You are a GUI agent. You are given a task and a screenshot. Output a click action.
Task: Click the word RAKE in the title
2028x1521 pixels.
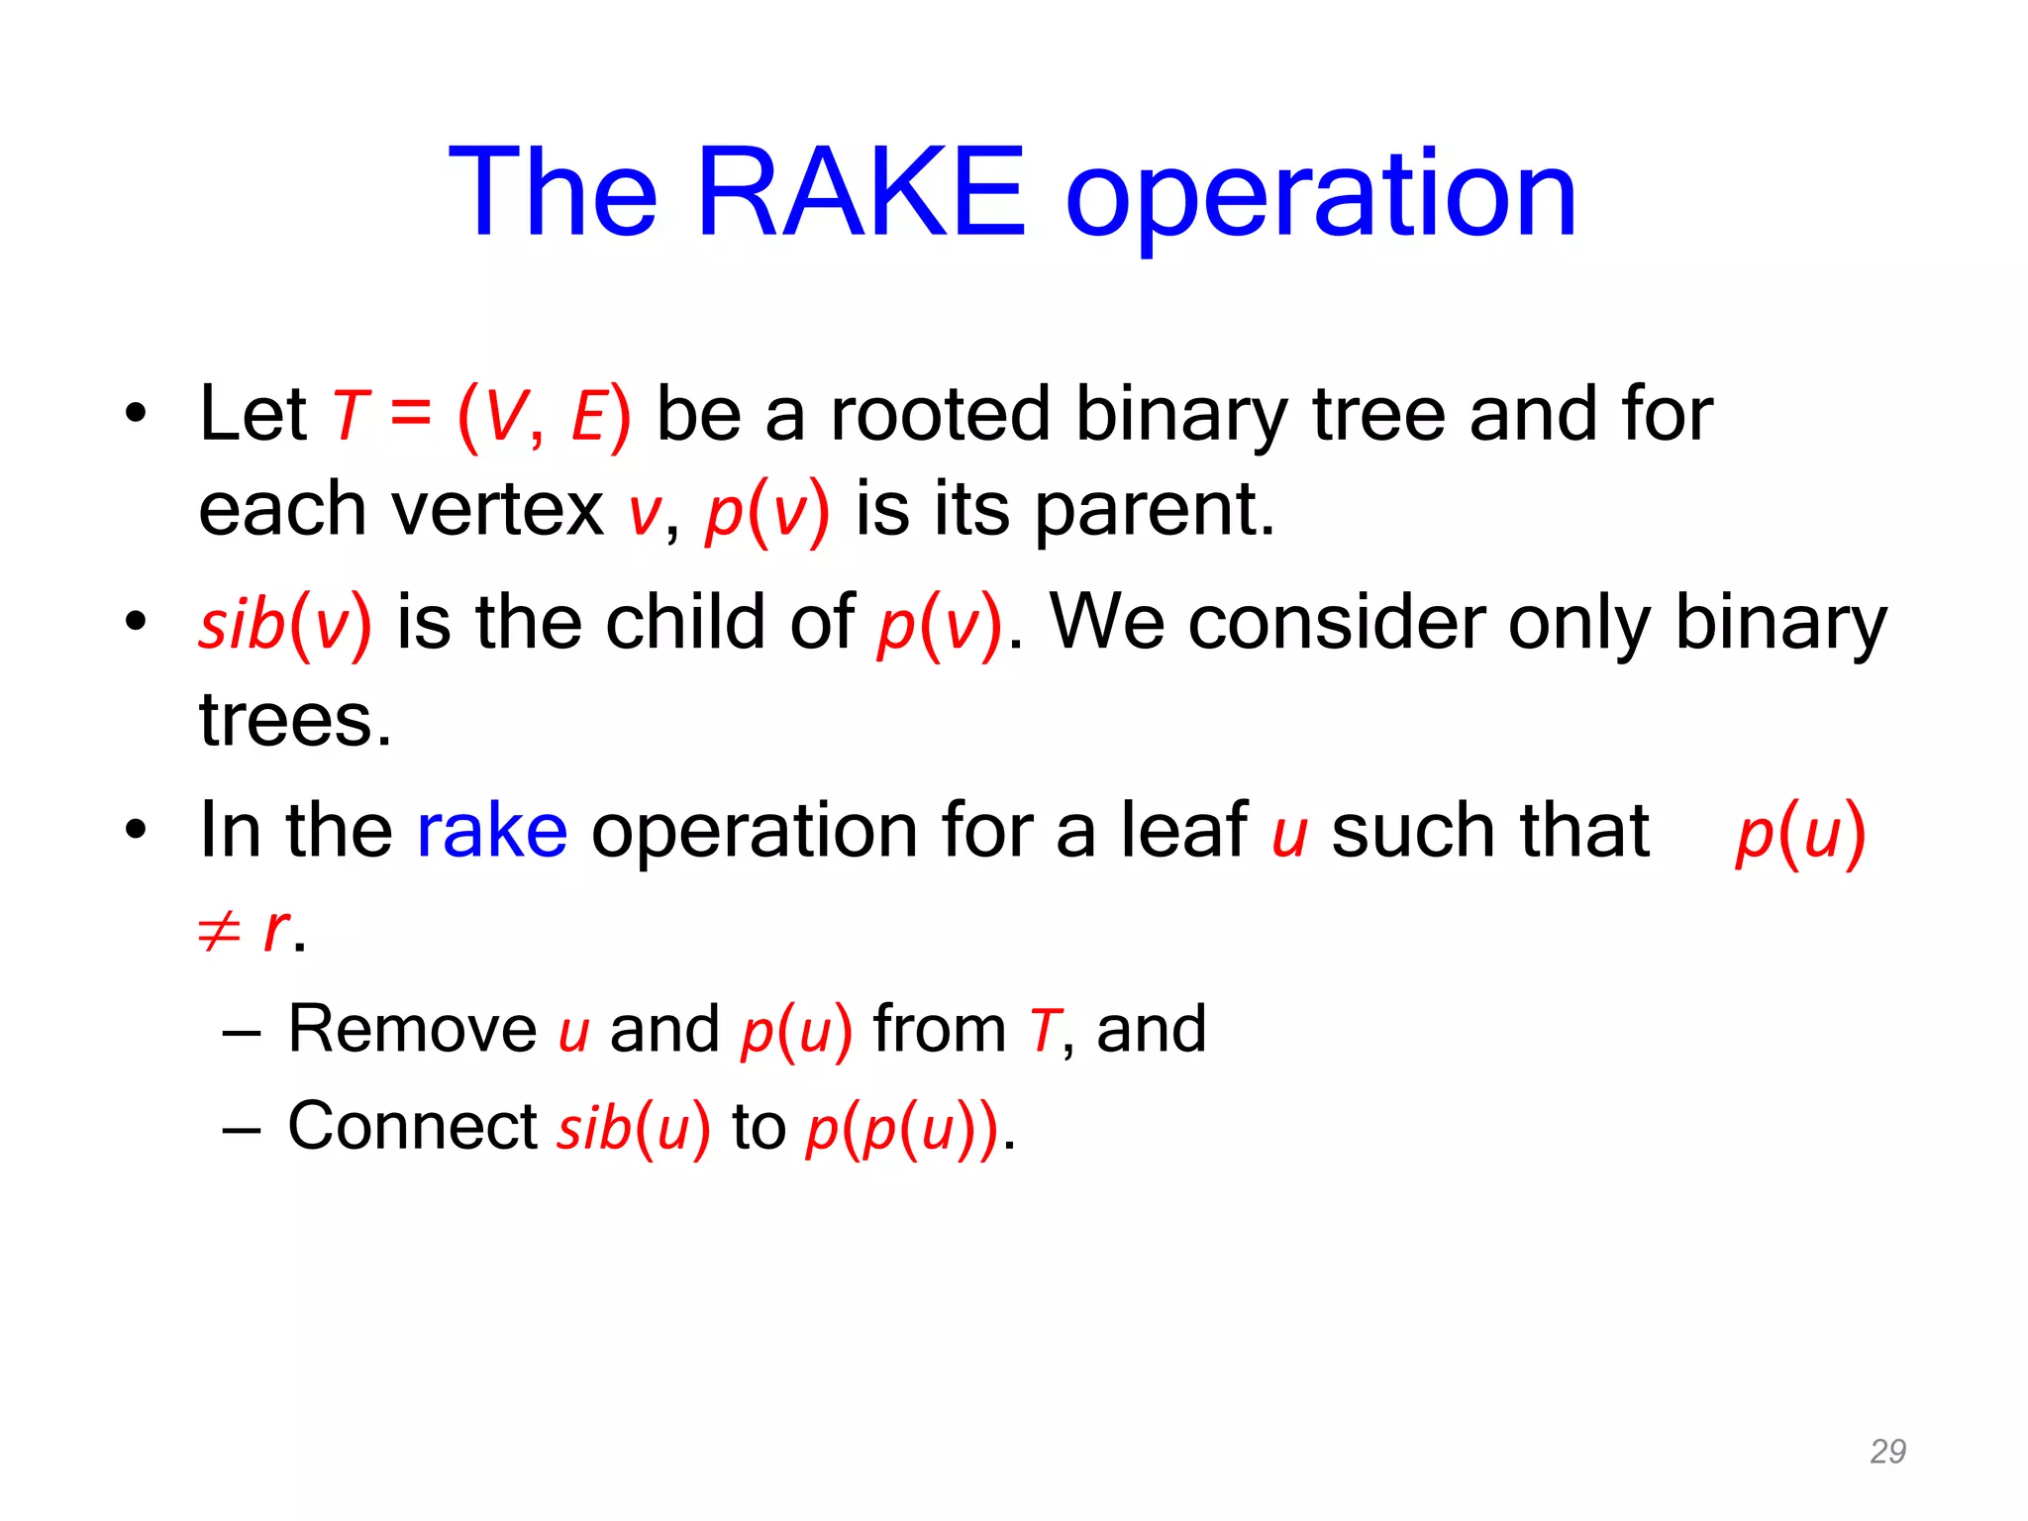(x=862, y=193)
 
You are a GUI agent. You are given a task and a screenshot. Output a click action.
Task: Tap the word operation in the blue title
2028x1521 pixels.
(x=1320, y=198)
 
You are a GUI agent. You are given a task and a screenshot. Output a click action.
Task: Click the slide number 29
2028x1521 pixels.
(x=1887, y=1451)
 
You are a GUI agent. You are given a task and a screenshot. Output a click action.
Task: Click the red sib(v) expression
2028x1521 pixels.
(x=285, y=624)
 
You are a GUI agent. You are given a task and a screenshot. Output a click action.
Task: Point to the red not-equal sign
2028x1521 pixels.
(x=219, y=931)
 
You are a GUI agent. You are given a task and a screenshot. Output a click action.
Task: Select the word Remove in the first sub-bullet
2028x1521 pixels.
(x=412, y=1029)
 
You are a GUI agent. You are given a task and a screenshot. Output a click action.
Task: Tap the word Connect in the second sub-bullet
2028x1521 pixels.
(x=412, y=1126)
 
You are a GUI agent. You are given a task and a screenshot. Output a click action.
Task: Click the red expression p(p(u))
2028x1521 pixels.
(x=902, y=1129)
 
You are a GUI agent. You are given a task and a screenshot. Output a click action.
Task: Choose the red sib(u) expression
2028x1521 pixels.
(x=634, y=1129)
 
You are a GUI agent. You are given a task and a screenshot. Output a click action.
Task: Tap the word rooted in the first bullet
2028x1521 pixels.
(x=940, y=413)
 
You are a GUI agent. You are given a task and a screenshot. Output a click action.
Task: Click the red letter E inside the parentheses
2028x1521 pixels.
(x=588, y=416)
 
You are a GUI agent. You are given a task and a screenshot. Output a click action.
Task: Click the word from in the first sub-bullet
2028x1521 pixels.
(x=939, y=1029)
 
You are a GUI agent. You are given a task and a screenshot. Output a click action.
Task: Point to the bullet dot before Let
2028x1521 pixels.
(x=136, y=413)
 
